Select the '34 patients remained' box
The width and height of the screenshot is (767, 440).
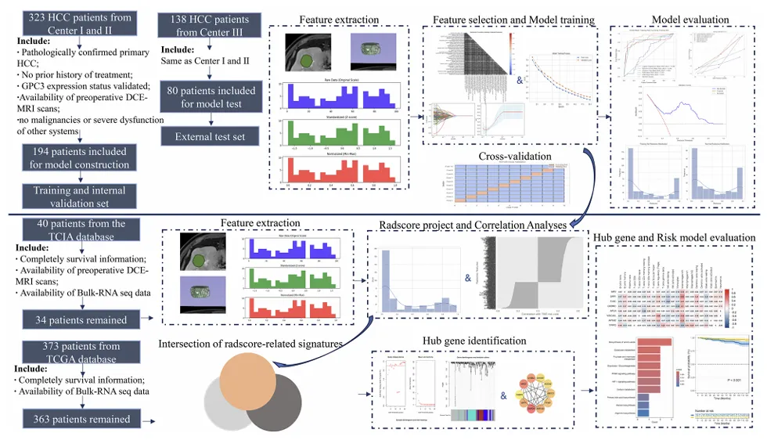tap(75, 319)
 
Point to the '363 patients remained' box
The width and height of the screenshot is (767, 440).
tap(75, 419)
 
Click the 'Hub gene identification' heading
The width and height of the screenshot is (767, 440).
tap(477, 341)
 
